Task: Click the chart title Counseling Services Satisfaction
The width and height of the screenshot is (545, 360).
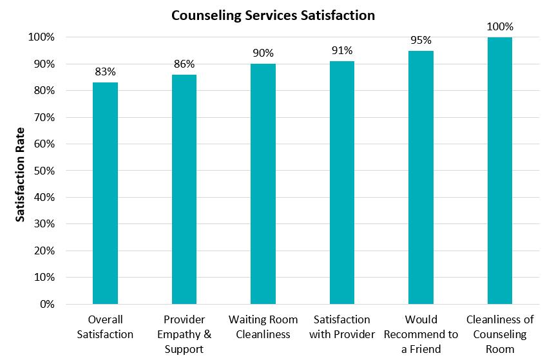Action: tap(273, 15)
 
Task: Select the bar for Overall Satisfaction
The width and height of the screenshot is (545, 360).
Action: tap(105, 193)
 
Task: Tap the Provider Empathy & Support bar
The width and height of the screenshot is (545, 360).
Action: tap(184, 189)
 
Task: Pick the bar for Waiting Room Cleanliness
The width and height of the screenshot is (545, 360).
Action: tap(263, 184)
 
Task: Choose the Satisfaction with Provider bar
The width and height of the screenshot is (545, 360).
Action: tap(342, 182)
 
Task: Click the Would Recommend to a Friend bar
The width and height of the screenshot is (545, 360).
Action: tap(421, 177)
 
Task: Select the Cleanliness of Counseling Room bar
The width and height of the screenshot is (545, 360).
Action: tap(500, 171)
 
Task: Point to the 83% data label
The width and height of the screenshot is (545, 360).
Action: tap(105, 71)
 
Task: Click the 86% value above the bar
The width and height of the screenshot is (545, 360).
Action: tap(184, 64)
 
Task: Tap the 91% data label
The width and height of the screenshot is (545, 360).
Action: tap(342, 51)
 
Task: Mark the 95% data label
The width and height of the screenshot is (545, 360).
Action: tap(421, 41)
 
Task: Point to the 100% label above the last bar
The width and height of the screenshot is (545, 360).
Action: tap(500, 27)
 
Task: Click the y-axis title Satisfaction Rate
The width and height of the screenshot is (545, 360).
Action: tap(20, 175)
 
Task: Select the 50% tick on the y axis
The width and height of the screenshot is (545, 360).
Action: tap(44, 171)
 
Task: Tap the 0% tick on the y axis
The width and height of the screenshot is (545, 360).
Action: tap(47, 305)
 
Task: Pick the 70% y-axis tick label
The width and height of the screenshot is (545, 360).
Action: tap(44, 117)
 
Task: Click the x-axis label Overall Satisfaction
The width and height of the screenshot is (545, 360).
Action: tap(105, 327)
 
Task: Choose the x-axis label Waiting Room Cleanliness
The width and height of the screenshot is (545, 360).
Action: tap(263, 327)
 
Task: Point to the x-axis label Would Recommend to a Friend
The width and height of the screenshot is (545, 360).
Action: tap(421, 334)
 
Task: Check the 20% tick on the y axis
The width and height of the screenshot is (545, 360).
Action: tap(44, 251)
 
